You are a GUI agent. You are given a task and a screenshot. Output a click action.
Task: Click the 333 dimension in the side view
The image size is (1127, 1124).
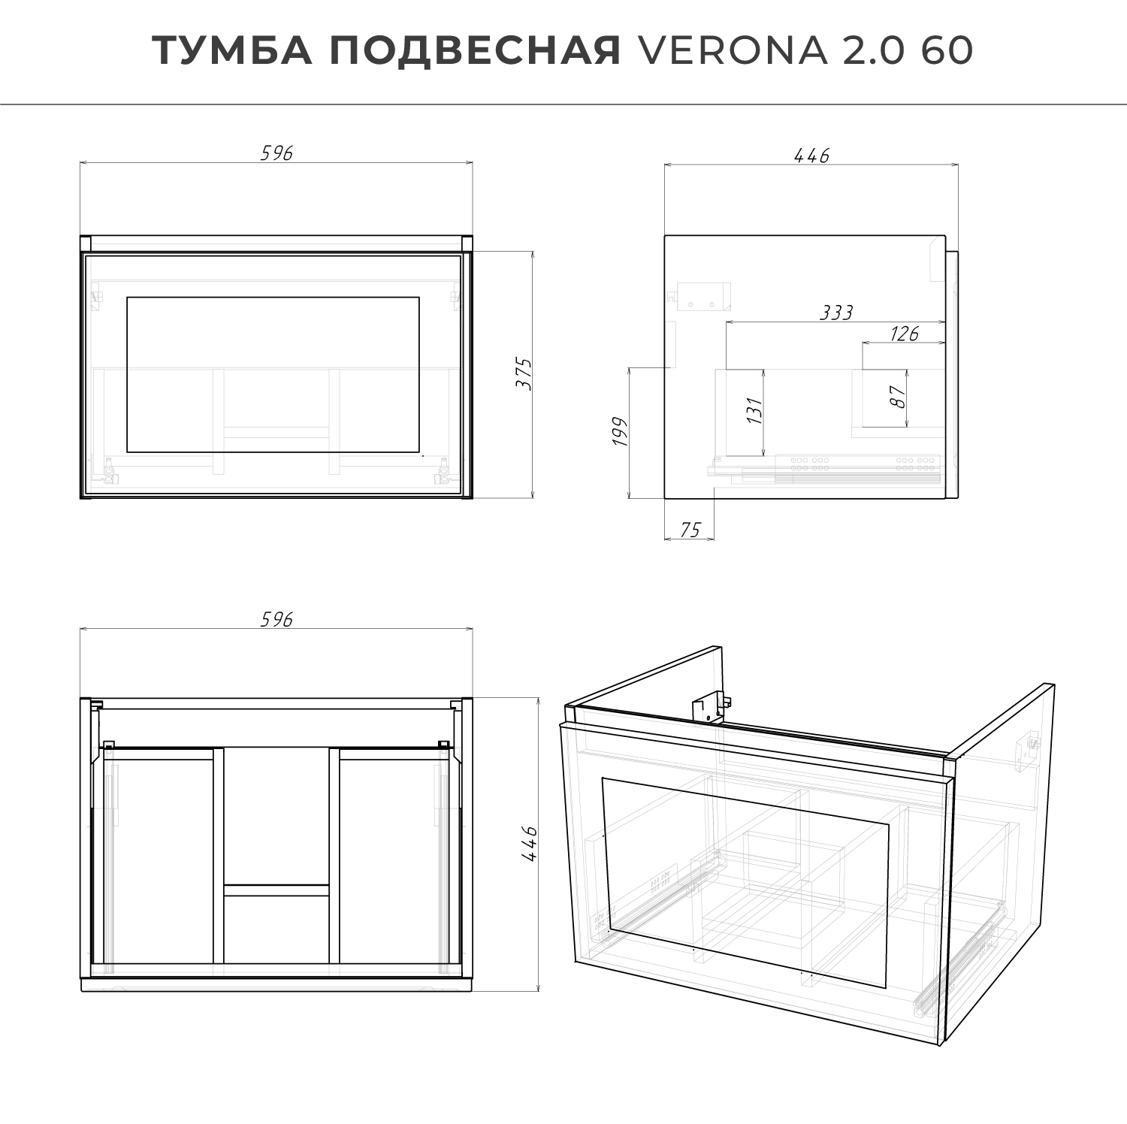[x=835, y=312]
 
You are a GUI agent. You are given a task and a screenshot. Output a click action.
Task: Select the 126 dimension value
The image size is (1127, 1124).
[x=904, y=333]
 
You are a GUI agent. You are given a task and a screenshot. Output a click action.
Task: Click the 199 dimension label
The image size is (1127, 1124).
[x=619, y=432]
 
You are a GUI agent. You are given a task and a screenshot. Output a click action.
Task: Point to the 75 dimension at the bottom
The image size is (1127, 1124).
[x=689, y=530]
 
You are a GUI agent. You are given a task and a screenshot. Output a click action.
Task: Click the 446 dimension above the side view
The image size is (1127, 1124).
[x=811, y=155]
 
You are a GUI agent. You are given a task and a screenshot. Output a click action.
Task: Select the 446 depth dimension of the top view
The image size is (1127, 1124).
[x=530, y=844]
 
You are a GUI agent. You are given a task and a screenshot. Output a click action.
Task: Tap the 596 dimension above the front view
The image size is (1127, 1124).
[x=276, y=153]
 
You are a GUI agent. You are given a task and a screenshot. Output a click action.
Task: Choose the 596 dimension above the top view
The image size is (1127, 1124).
[x=276, y=619]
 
